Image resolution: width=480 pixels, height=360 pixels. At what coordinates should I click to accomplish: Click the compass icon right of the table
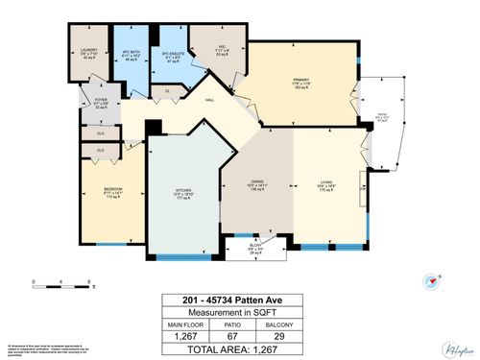point(429,280)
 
